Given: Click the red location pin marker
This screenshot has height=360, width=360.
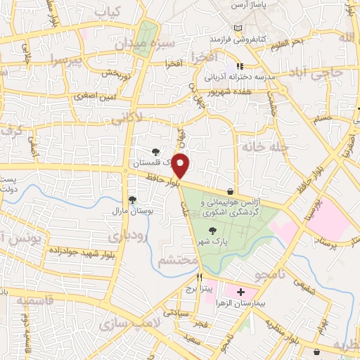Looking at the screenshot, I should (181, 165).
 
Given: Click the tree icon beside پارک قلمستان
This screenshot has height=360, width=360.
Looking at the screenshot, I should (156, 150).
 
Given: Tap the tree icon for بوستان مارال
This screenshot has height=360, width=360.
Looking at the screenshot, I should (131, 200).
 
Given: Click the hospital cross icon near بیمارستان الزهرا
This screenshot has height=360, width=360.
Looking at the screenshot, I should (240, 291).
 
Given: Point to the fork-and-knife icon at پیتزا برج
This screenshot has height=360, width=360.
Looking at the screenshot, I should (200, 277).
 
